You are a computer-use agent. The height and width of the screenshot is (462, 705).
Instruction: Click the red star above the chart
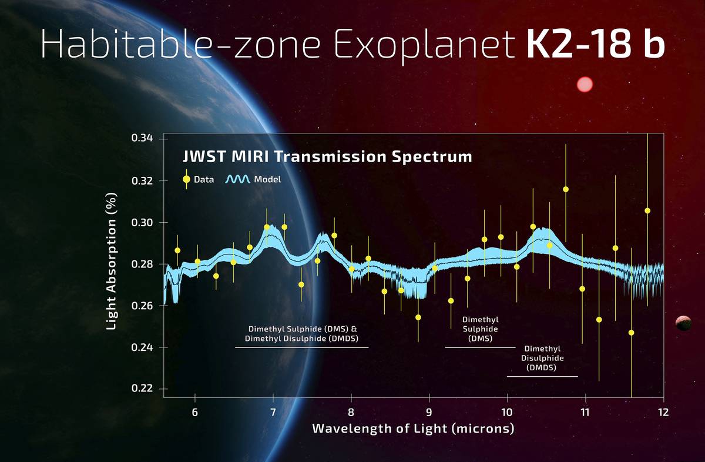(x=585, y=85)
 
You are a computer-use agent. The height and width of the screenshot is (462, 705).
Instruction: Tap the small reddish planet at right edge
(x=683, y=323)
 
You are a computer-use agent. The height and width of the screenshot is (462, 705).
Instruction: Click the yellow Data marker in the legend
(x=187, y=179)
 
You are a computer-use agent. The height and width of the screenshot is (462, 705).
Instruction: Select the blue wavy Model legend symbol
(x=238, y=179)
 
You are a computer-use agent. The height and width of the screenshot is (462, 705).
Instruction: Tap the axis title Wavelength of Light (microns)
(x=413, y=428)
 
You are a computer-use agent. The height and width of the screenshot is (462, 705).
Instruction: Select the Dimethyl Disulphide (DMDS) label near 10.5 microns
(x=542, y=358)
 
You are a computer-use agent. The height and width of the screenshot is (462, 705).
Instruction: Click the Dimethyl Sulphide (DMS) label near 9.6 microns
(x=480, y=329)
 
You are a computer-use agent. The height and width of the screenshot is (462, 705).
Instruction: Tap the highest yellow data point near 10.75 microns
(x=566, y=189)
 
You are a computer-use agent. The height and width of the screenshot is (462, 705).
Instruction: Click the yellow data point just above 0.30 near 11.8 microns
(x=647, y=210)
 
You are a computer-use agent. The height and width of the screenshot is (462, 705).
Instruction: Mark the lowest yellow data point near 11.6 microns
(x=631, y=333)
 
